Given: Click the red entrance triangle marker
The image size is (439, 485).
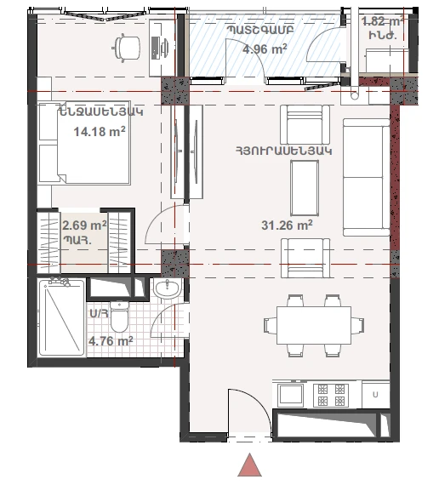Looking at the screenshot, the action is point(249,465).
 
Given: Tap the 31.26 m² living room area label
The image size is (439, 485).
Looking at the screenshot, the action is point(287,225).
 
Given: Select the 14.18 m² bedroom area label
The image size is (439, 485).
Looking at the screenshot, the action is point(100,131).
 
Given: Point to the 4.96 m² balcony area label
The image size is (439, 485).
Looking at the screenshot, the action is point(265,48).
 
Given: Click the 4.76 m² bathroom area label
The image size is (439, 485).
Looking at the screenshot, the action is point(111,341).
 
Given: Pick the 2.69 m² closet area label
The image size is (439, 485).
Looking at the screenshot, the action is point(84,225).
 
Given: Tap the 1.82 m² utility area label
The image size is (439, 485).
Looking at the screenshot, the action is point(383,21).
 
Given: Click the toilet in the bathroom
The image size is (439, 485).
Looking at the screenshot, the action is point(119,317).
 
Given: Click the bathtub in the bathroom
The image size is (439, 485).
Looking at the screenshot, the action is point(61,317).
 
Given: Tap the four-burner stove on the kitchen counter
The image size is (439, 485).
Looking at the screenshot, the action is point(331,395).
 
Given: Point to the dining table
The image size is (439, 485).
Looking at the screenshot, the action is point(314,325).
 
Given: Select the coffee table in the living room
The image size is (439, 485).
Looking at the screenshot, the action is point(305,188).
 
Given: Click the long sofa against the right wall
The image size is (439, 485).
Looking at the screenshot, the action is point(367,177).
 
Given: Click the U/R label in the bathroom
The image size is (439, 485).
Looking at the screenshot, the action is point(99,313).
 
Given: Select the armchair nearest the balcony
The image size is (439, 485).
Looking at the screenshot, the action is point(305,124).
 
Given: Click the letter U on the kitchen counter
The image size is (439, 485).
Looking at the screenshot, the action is point(375,395).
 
